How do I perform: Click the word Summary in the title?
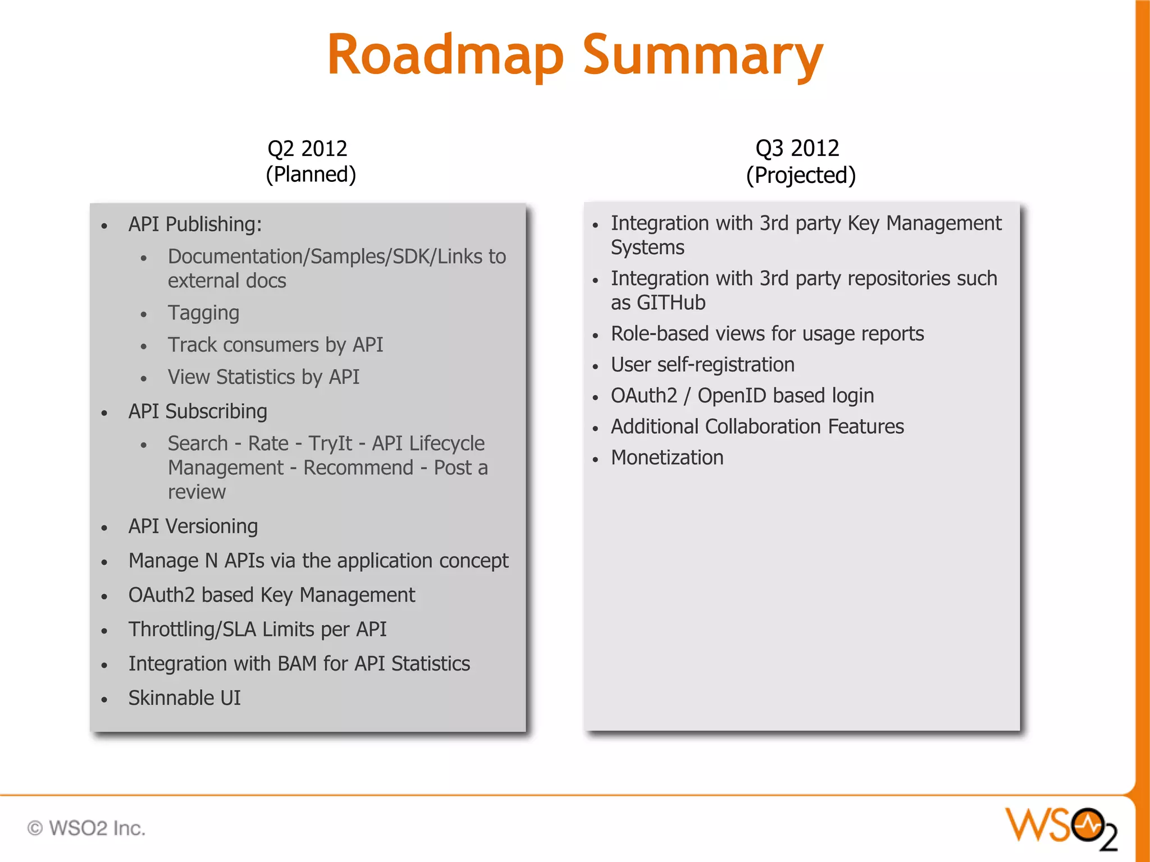[x=703, y=56]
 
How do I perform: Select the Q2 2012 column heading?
[x=307, y=149]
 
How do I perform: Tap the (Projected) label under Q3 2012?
[x=801, y=175]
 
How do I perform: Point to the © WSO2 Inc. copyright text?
[x=86, y=828]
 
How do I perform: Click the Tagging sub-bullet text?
[x=203, y=313]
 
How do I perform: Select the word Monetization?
[x=667, y=458]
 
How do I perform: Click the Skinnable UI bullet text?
[x=184, y=698]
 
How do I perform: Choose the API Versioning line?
[x=193, y=526]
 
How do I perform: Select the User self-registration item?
[x=702, y=365]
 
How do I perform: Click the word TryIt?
[x=330, y=444]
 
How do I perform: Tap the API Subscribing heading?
[x=198, y=411]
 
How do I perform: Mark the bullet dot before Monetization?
[x=596, y=459]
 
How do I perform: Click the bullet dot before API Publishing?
[x=104, y=226]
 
